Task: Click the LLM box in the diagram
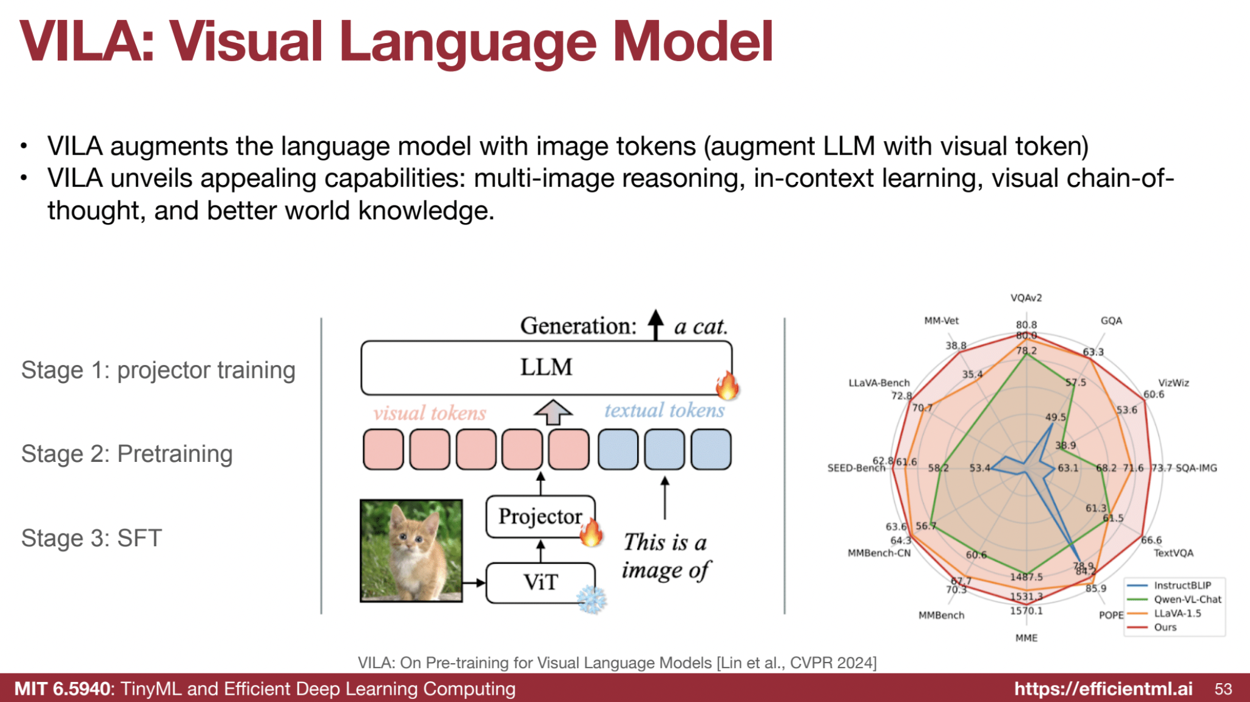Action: coord(546,367)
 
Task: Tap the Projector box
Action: coord(540,516)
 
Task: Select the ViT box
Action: coord(540,583)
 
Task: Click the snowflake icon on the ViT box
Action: coord(592,600)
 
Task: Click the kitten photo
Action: coord(411,550)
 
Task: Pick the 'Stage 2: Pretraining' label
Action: coord(127,454)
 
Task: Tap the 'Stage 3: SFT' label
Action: coord(92,538)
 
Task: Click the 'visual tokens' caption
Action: coord(430,413)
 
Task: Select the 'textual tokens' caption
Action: coord(664,410)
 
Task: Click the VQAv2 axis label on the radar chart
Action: coord(1026,298)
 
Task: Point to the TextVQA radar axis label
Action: coord(1174,553)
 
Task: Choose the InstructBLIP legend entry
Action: coord(1182,585)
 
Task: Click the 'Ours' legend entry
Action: coord(1165,627)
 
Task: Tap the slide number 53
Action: coord(1223,689)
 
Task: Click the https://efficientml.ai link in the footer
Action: coord(1103,689)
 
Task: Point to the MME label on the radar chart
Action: coord(1026,638)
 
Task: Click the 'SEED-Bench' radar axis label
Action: coord(856,468)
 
